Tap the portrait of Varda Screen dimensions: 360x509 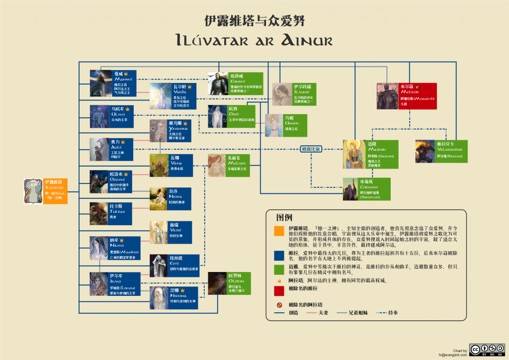[160, 95]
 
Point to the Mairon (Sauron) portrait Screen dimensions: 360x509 [354, 154]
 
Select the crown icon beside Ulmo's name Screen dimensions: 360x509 [128, 109]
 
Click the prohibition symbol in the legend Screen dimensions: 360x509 [278, 305]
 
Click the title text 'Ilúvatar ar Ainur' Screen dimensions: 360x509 [254, 40]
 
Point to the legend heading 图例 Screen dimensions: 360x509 [284, 217]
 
